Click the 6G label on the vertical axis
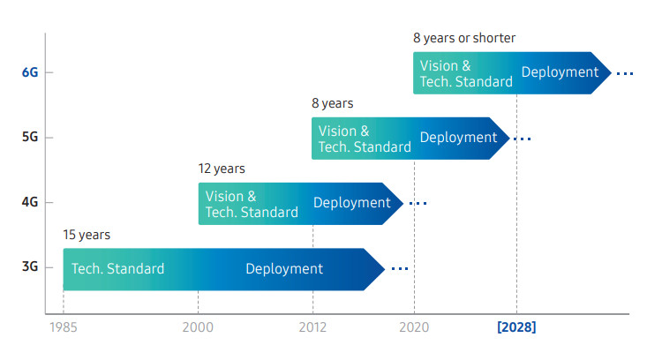click(x=30, y=72)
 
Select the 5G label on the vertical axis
click(x=30, y=137)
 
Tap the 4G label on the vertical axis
click(x=30, y=202)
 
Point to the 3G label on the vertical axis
click(x=30, y=266)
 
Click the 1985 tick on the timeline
click(x=64, y=327)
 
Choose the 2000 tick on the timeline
click(x=198, y=327)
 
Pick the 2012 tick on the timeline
click(x=312, y=327)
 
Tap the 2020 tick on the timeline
click(x=414, y=327)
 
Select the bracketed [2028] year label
click(x=516, y=327)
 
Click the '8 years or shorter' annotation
click(x=464, y=38)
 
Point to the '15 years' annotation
click(x=87, y=235)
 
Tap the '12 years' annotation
click(x=222, y=169)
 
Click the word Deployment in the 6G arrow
click(x=560, y=72)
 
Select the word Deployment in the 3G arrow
click(x=284, y=269)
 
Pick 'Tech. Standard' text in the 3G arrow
click(x=118, y=269)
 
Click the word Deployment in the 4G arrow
click(x=352, y=203)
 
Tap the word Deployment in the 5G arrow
click(x=458, y=138)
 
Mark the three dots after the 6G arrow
click(x=625, y=74)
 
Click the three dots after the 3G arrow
click(x=400, y=269)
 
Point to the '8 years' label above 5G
click(x=333, y=103)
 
